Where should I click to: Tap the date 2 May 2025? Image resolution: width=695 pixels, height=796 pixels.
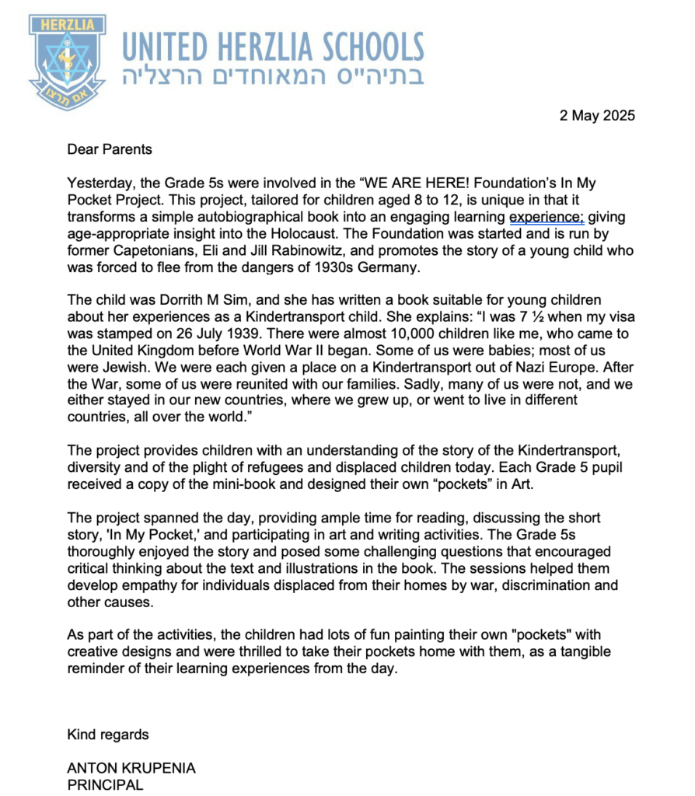(x=597, y=116)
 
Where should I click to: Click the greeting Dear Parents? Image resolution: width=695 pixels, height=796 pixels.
(x=110, y=149)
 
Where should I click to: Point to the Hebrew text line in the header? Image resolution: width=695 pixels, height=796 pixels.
(x=273, y=76)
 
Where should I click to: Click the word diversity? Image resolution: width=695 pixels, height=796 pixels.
(x=94, y=466)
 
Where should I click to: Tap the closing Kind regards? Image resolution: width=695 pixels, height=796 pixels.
(x=108, y=735)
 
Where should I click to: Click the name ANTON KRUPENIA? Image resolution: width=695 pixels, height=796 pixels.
(x=131, y=768)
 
